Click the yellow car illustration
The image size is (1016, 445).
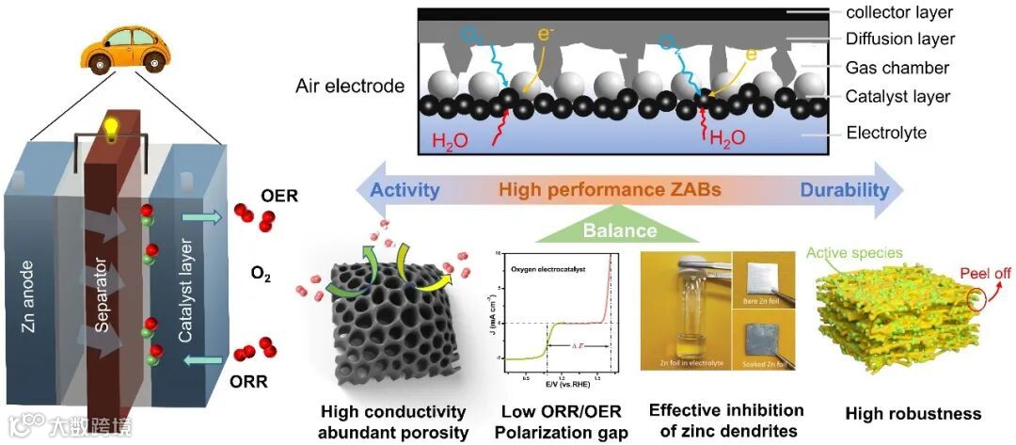coord(118,50)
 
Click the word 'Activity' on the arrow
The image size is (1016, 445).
coord(405,190)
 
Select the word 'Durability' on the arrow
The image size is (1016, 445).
coord(844,190)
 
